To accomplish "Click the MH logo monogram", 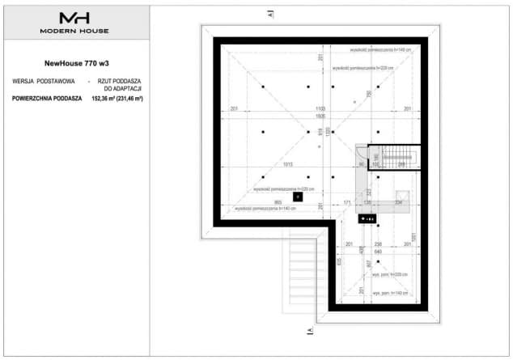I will click(x=75, y=19).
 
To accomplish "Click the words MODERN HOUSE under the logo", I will click(x=75, y=31).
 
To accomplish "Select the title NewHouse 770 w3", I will click(x=75, y=61).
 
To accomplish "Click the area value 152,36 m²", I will click(x=103, y=98).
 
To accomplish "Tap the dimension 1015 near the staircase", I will click(x=288, y=164).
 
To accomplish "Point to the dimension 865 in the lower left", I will click(x=278, y=200).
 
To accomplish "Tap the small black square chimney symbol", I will click(x=297, y=196).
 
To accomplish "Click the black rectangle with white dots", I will click(x=367, y=217).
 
